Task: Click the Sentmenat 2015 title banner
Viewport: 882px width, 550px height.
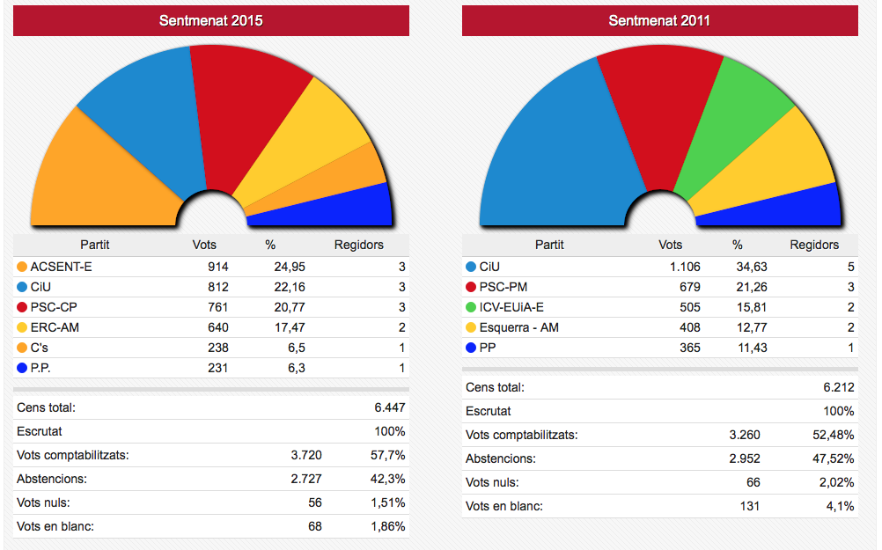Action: (x=211, y=20)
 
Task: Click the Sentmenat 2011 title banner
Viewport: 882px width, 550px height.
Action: (x=659, y=20)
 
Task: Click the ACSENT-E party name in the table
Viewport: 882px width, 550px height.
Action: (x=61, y=266)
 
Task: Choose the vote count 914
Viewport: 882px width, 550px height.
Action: (x=217, y=266)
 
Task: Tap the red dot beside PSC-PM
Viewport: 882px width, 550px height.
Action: (x=471, y=287)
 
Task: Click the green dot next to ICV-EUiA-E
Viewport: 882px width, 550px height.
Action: (x=471, y=307)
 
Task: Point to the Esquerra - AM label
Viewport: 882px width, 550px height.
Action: (x=518, y=327)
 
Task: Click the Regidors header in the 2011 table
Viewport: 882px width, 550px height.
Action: (x=814, y=245)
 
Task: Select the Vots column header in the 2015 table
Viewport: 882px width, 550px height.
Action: (x=204, y=245)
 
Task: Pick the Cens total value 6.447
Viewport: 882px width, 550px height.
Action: (x=390, y=407)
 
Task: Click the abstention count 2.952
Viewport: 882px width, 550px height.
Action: (x=743, y=458)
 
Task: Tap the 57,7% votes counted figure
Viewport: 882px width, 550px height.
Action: (x=387, y=455)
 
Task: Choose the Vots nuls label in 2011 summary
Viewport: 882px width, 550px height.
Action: (x=492, y=482)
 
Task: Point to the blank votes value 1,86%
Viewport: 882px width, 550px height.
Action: (x=387, y=526)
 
